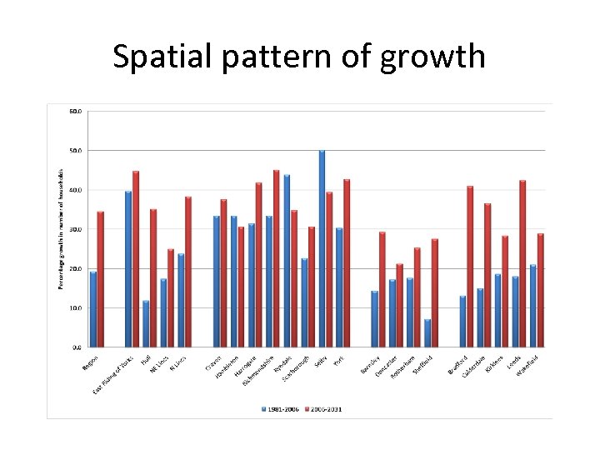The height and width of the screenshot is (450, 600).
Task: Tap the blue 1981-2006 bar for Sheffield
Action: (x=427, y=332)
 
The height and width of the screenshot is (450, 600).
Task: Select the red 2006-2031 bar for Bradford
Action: (x=470, y=266)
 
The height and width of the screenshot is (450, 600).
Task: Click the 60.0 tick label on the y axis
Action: (x=75, y=111)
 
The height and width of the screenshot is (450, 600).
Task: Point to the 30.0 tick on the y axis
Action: (x=75, y=229)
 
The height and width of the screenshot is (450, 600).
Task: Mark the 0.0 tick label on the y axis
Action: (x=77, y=347)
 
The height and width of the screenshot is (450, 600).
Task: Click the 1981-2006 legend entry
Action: (x=280, y=409)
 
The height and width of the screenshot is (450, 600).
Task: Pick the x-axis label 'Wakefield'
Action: (x=528, y=364)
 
